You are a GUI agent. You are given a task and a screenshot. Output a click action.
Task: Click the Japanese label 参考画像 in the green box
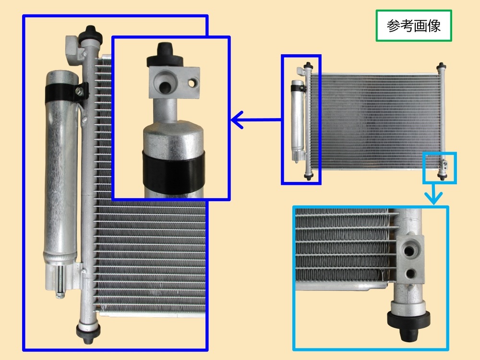(x=414, y=26)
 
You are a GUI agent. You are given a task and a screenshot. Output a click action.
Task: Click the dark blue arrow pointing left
(x=256, y=120)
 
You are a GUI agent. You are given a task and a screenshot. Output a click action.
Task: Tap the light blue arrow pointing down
(x=433, y=194)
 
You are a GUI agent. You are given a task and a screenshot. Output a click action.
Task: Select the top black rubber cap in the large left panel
(x=90, y=34)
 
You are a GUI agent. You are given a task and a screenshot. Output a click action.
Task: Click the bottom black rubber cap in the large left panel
(x=88, y=332)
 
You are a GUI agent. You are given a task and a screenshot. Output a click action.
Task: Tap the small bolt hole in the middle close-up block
(x=192, y=83)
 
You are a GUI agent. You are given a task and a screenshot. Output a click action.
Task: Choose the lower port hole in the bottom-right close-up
(x=409, y=273)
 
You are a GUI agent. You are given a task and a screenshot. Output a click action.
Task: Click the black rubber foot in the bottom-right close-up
(x=408, y=325)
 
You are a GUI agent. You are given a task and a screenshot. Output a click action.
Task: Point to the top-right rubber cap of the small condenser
(x=441, y=66)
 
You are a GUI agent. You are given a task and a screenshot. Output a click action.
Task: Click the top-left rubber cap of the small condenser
(x=308, y=65)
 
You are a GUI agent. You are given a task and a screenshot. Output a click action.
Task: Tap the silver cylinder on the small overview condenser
(x=298, y=120)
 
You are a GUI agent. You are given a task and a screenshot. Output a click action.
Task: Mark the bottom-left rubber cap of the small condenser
(x=309, y=177)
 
